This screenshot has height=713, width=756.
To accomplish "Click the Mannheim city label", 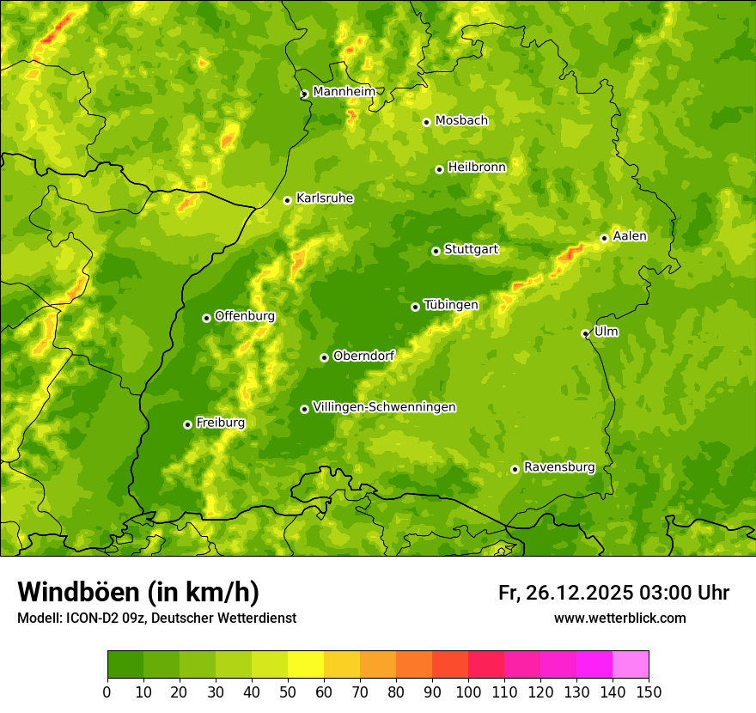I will [x=344, y=91].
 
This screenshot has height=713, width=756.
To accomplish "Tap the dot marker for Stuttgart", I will [x=436, y=251].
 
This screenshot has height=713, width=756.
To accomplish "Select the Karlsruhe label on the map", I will [x=325, y=198].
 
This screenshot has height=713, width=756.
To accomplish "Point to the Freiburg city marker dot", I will [x=187, y=424].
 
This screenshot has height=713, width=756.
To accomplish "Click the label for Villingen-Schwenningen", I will [x=384, y=406].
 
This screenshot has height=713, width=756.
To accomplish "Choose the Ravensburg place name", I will [x=559, y=467].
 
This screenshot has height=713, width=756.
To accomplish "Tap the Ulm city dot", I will [x=585, y=333].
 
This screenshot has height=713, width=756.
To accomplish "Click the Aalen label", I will [x=630, y=236].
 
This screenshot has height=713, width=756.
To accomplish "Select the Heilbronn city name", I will [x=477, y=167].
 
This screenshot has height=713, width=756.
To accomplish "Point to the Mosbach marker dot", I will [x=426, y=122].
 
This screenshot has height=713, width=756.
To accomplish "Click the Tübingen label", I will [x=451, y=305].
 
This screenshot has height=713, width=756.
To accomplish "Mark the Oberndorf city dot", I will [x=324, y=357].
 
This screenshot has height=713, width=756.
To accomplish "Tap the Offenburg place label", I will [x=245, y=315].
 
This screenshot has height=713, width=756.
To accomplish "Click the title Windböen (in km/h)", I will [x=138, y=592].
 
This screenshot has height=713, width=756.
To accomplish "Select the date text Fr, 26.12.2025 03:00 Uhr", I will [x=613, y=593].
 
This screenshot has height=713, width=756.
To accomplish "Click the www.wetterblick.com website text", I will [x=619, y=618].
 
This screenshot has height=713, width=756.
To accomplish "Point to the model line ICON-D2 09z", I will [x=156, y=618].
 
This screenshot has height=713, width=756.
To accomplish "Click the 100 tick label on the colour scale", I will [x=468, y=692].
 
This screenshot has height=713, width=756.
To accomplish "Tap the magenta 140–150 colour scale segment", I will [x=631, y=665].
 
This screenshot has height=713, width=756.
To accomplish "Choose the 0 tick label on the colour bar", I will [x=107, y=692].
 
